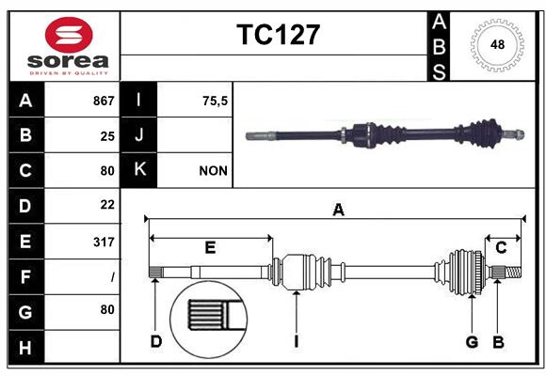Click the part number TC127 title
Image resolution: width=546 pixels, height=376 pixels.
click(x=278, y=35)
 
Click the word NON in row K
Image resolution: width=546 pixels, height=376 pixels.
click(x=212, y=171)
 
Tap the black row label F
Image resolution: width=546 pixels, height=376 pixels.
click(x=25, y=276)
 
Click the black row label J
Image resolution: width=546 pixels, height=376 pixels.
click(x=139, y=135)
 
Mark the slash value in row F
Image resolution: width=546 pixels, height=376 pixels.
click(x=112, y=277)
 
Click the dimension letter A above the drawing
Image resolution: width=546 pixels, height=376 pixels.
click(x=338, y=211)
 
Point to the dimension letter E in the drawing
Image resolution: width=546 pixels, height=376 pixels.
click(x=210, y=247)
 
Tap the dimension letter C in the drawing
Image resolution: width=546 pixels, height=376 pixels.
click(x=501, y=247)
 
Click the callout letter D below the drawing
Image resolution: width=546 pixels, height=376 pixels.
click(x=156, y=341)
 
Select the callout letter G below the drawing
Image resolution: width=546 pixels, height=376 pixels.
click(x=472, y=341)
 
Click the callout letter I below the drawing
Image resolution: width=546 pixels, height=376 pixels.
click(x=296, y=341)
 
